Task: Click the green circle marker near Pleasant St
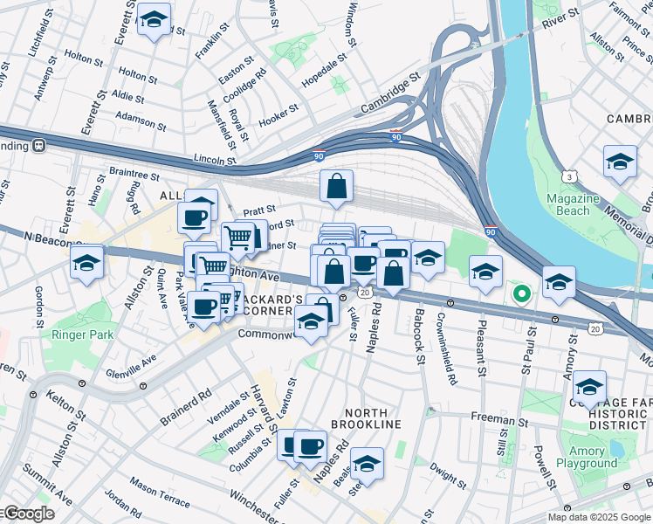click(x=521, y=293)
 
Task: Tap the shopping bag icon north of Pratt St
click(x=336, y=186)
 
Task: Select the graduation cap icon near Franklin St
click(x=155, y=20)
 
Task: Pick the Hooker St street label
click(x=278, y=113)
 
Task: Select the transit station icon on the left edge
click(x=39, y=146)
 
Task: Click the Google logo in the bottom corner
click(x=28, y=514)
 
